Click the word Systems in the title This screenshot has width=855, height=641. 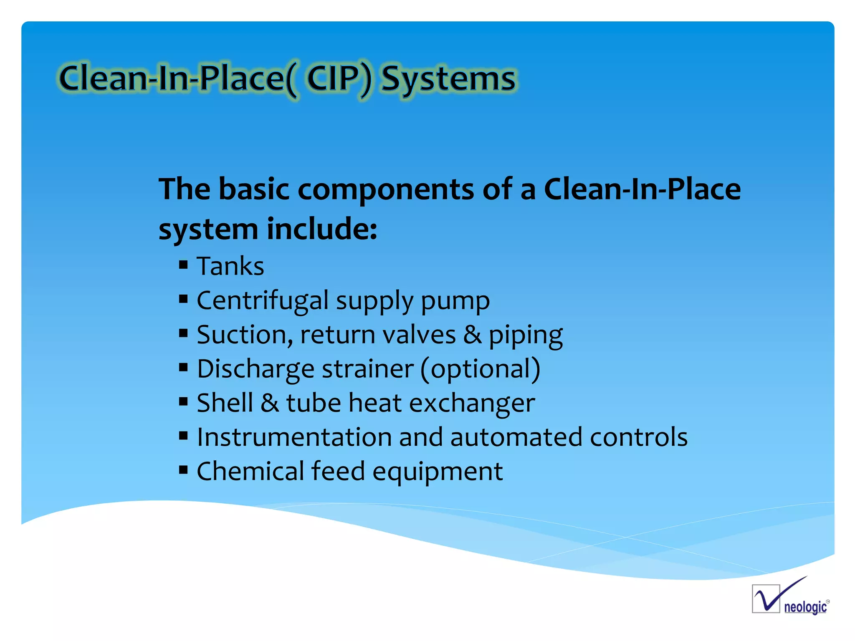(449, 79)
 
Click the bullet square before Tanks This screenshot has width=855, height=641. (183, 265)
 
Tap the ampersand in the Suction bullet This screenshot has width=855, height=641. (472, 335)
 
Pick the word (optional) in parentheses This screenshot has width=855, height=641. (480, 369)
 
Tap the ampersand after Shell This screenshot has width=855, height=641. (270, 403)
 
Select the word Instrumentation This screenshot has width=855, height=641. (294, 437)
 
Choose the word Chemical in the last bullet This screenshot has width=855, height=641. (250, 472)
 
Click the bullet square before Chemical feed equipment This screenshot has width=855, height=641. (183, 470)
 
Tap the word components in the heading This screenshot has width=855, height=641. (386, 189)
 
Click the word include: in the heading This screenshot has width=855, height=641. (321, 230)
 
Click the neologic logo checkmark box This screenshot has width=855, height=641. (766, 598)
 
